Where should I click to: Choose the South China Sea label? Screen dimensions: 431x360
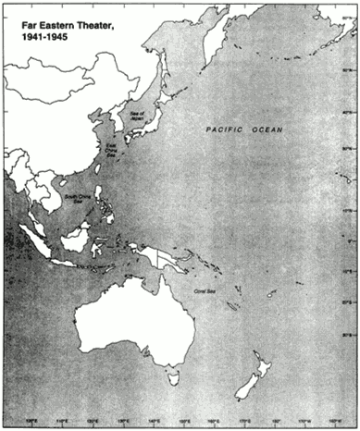[74, 199]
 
